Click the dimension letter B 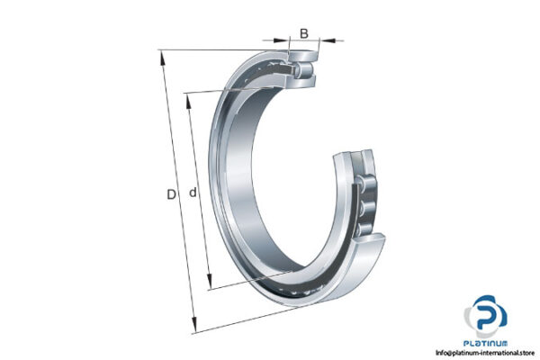coord(303,34)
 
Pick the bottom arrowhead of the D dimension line coord(195,329)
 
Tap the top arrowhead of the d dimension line coord(188,97)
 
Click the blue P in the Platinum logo coord(486,317)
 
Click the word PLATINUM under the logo coord(487,343)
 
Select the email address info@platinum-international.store coord(485,352)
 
